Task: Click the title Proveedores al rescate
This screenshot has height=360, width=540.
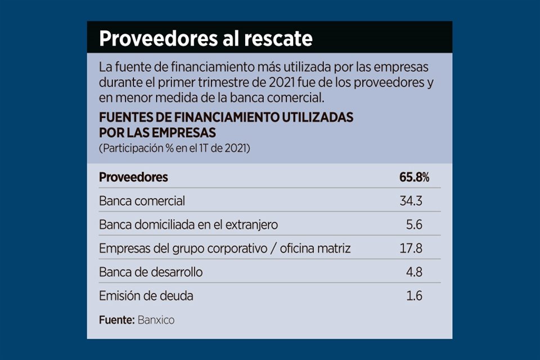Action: point(205,39)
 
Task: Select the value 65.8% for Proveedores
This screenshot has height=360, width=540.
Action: point(415,177)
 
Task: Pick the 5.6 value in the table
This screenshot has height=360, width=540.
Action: point(415,224)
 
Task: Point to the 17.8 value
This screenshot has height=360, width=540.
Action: point(411,248)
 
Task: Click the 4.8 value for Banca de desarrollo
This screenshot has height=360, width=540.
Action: point(415,272)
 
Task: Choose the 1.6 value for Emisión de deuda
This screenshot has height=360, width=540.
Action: point(415,295)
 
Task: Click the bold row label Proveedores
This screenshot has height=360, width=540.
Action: point(133,177)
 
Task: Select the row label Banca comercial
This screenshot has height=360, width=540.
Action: point(142,201)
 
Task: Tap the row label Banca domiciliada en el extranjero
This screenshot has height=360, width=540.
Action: point(188,224)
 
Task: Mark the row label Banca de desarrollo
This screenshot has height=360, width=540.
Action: point(151,272)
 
